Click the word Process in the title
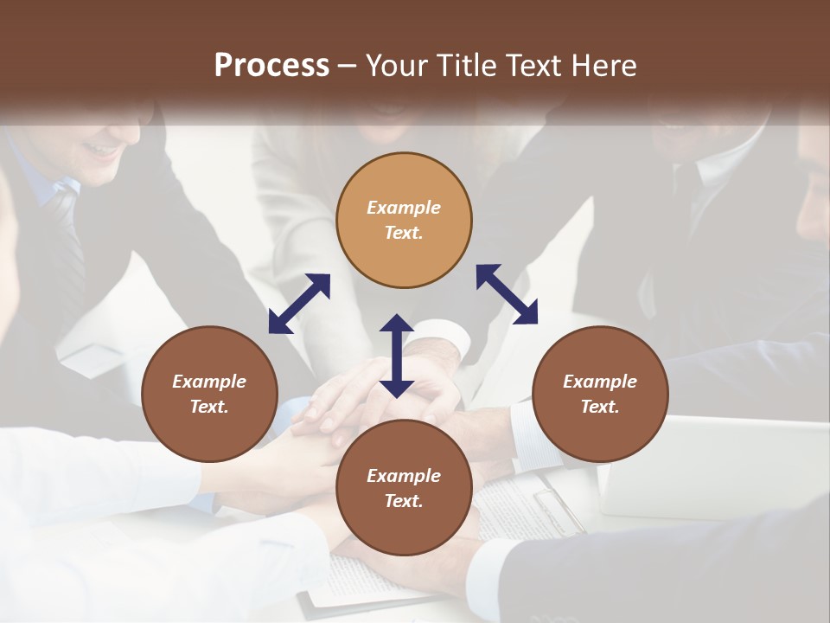pos(271,66)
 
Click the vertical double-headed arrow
pos(397,356)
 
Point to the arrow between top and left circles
pos(299,304)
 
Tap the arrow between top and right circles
pos(507,294)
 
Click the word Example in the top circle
pos(404,208)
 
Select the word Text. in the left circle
pos(209,407)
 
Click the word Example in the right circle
pos(600,382)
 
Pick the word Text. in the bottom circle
pos(404,501)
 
